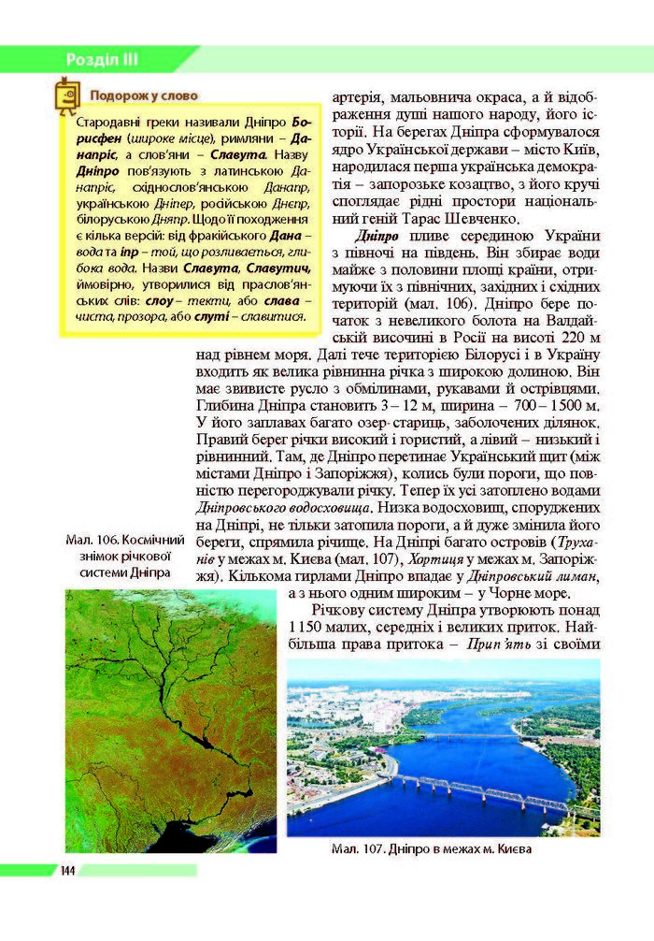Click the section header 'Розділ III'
[x=102, y=60]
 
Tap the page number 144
[x=67, y=871]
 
